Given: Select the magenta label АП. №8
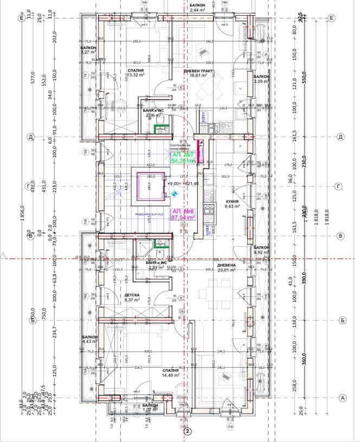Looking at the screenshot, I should tap(183, 211).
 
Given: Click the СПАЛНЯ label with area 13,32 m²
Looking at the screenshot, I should tap(136, 71).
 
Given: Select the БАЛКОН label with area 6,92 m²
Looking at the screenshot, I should tap(261, 248).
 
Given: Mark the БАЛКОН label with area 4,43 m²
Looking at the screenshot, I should tap(90, 337).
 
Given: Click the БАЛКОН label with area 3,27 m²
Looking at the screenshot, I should tap(88, 48).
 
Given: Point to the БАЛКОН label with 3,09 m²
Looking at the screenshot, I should tap(261, 77).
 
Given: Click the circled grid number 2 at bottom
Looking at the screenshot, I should tap(188, 432).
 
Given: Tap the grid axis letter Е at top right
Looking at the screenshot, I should tap(331, 18).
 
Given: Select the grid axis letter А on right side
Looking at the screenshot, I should tap(342, 398).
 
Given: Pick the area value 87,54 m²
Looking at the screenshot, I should tap(183, 217).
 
